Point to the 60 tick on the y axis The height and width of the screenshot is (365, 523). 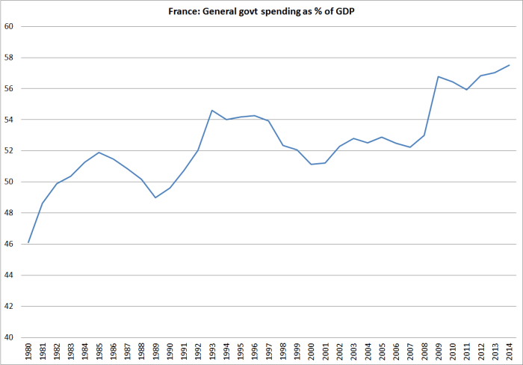click(x=10, y=26)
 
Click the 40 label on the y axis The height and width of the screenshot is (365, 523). click(x=10, y=337)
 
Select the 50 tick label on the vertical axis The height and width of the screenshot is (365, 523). click(x=10, y=182)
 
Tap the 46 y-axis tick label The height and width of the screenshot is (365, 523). click(x=10, y=244)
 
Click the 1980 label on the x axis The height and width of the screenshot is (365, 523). click(x=28, y=351)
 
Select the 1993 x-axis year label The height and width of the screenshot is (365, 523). click(x=212, y=351)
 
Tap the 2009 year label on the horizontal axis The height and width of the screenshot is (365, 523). click(x=439, y=351)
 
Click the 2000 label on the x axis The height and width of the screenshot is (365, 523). click(x=312, y=351)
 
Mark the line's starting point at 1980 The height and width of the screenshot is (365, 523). click(x=28, y=242)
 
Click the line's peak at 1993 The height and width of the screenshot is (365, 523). click(x=212, y=110)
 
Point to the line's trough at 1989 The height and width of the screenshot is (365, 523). click(x=155, y=197)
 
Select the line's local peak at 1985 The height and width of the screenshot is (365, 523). click(x=99, y=153)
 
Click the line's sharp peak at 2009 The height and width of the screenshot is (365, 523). click(x=439, y=76)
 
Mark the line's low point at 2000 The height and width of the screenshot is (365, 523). click(x=312, y=164)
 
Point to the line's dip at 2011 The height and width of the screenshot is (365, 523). click(x=467, y=90)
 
